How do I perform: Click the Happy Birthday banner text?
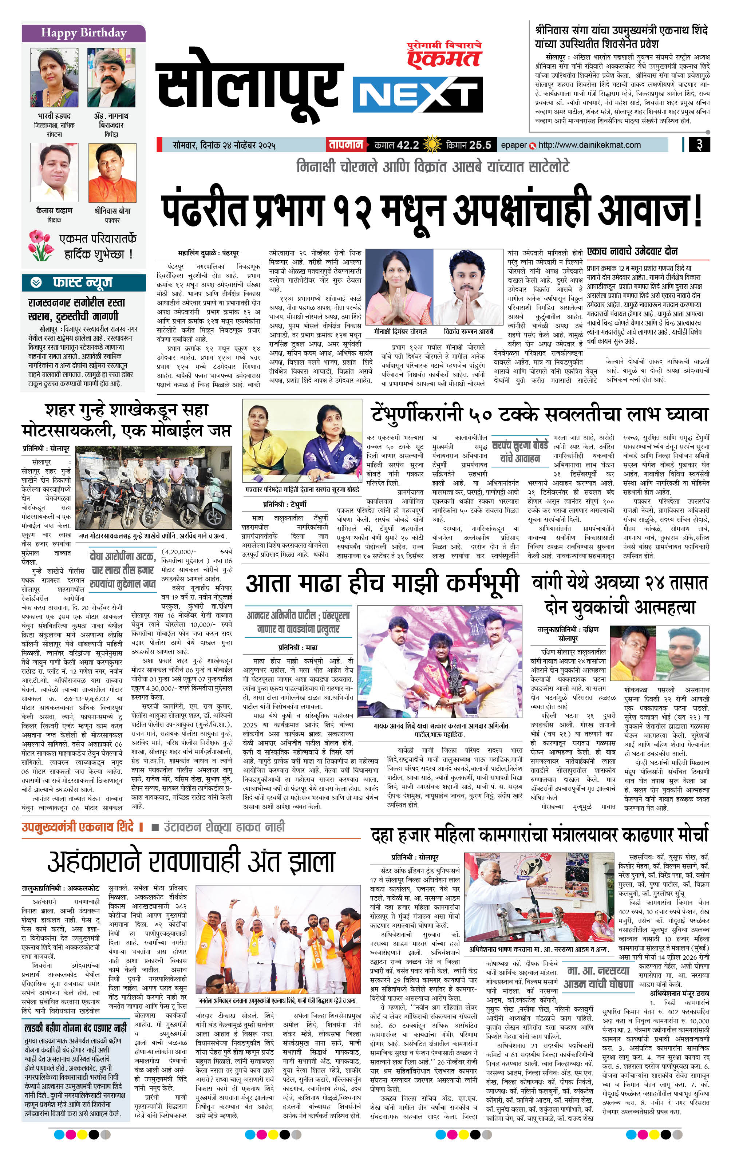(83, 33)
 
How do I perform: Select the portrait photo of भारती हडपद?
(54, 78)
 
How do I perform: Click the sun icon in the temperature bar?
(431, 145)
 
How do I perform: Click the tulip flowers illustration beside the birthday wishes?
(41, 245)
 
